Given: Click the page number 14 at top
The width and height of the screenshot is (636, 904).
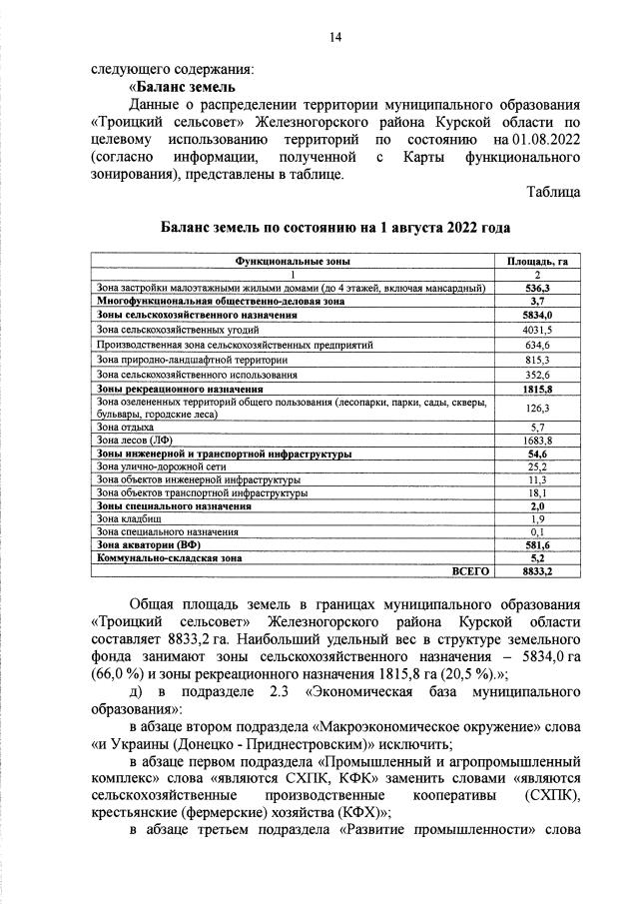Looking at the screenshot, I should pyautogui.click(x=335, y=37).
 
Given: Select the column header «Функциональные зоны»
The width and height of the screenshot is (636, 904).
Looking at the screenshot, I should pyautogui.click(x=292, y=261).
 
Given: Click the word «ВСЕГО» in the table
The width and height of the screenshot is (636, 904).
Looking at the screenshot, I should pyautogui.click(x=470, y=572).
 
